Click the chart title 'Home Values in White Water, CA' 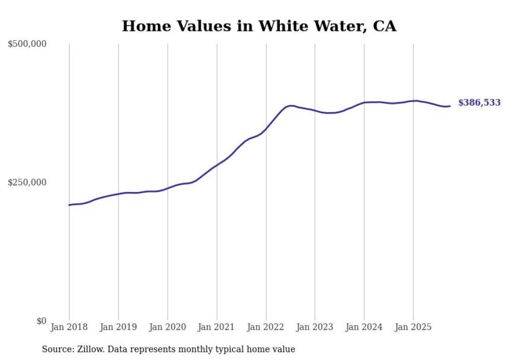tap(259, 26)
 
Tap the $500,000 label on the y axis tap(27, 44)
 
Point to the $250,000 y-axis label tap(27, 182)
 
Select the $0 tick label tap(41, 321)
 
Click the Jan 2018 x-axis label tap(69, 327)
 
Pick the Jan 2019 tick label tap(119, 327)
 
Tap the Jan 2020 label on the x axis tap(167, 327)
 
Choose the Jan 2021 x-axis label tap(217, 327)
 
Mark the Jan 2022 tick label tap(266, 327)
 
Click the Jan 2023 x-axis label tap(315, 327)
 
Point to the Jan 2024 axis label tap(364, 327)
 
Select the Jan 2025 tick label tap(413, 327)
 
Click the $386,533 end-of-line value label tap(479, 103)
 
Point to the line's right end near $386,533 tap(450, 106)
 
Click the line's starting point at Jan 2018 tap(69, 205)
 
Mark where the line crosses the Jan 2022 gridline tap(266, 128)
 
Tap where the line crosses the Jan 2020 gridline tap(167, 188)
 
